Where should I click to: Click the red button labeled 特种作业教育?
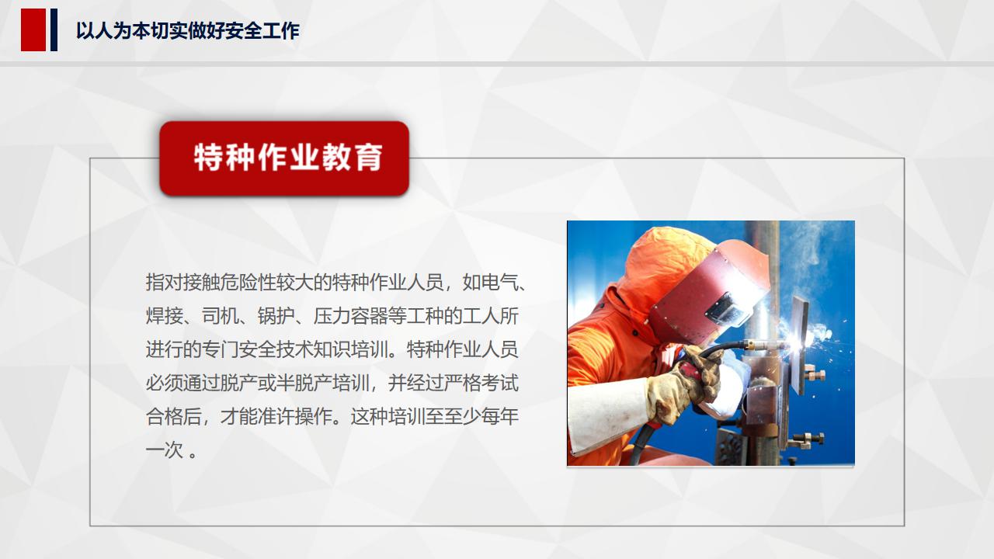coord(284,158)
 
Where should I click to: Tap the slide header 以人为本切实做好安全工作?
coord(187,31)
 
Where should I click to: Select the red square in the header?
coord(33,30)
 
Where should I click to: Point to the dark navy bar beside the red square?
coord(54,30)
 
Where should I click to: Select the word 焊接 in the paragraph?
coord(165,316)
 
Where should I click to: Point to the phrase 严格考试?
coord(481,383)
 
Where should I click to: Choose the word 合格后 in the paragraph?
coord(174,417)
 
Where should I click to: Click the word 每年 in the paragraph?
coord(500,417)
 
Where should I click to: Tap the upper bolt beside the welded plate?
coord(815,376)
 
